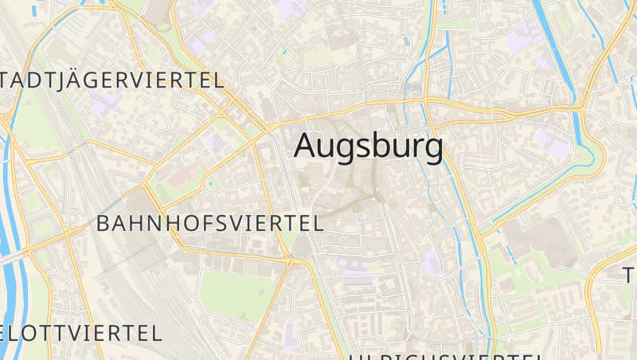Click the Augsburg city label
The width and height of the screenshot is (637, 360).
pyautogui.click(x=369, y=147)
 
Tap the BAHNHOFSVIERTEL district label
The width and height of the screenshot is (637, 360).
pyautogui.click(x=209, y=223)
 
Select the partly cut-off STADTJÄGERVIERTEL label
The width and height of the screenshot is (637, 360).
pyautogui.click(x=112, y=80)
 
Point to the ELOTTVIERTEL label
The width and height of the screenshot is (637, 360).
pyautogui.click(x=80, y=332)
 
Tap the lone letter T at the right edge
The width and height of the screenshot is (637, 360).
pyautogui.click(x=629, y=276)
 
